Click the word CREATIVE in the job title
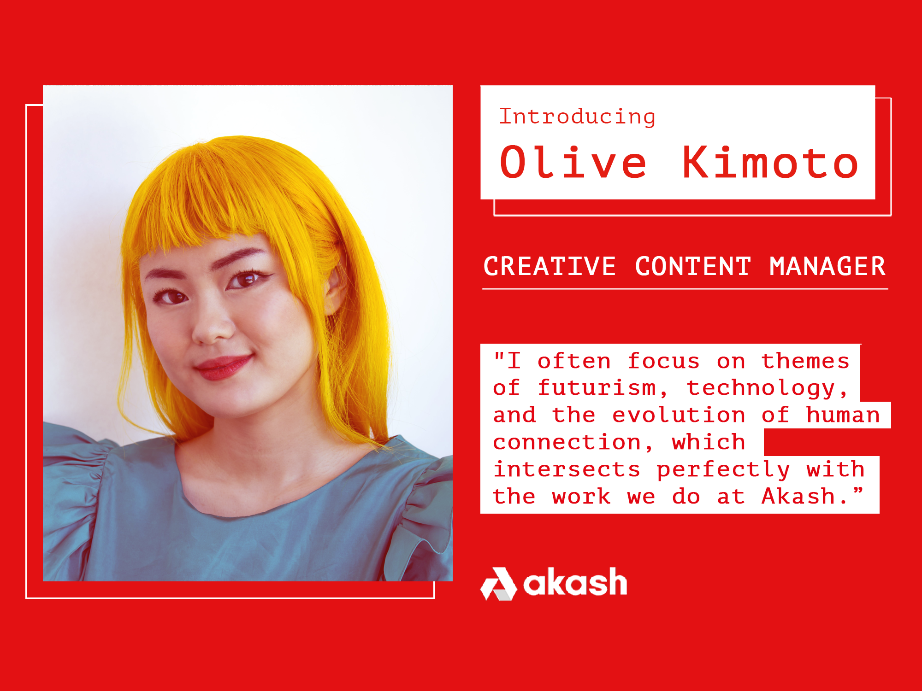coord(550,266)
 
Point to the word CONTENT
coord(693,266)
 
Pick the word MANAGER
coord(827,266)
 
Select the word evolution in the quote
coord(678,415)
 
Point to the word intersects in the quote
coord(567,469)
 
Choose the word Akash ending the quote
coord(798,496)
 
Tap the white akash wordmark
coord(575,582)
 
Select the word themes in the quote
coord(805,361)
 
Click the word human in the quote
coord(843,415)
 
